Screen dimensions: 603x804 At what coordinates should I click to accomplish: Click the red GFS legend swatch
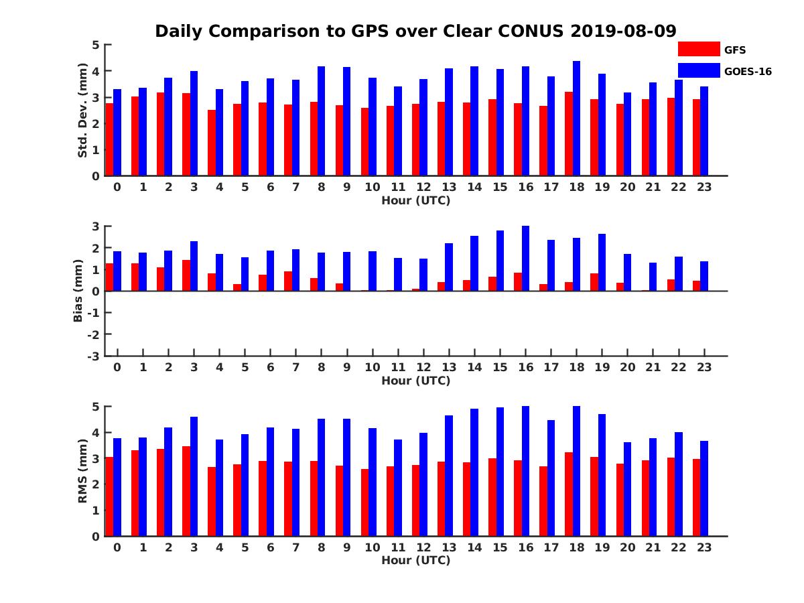point(698,49)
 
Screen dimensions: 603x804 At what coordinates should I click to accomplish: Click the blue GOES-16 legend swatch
point(698,70)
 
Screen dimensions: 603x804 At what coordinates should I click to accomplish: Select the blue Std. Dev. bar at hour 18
point(576,119)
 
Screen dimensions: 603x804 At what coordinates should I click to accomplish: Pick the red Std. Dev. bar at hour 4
point(212,143)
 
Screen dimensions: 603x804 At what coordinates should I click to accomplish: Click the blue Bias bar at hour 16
point(525,259)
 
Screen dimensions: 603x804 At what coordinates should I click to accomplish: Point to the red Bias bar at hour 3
point(186,275)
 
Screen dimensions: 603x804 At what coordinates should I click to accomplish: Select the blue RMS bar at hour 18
point(576,471)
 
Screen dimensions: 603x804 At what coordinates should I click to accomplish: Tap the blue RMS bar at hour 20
point(627,489)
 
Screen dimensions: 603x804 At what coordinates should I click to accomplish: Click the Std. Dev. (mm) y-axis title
point(82,111)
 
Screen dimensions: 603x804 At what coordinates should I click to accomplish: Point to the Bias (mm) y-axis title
point(78,291)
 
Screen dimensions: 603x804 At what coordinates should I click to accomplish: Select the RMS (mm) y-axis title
point(82,471)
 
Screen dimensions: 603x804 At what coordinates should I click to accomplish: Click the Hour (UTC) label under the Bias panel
point(415,381)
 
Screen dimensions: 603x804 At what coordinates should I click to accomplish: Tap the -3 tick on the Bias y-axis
point(94,356)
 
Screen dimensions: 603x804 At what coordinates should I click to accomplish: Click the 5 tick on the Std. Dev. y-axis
point(96,45)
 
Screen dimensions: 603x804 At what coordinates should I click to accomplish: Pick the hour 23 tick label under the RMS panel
point(704,547)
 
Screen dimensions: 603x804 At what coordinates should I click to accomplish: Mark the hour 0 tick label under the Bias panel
point(117,367)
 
